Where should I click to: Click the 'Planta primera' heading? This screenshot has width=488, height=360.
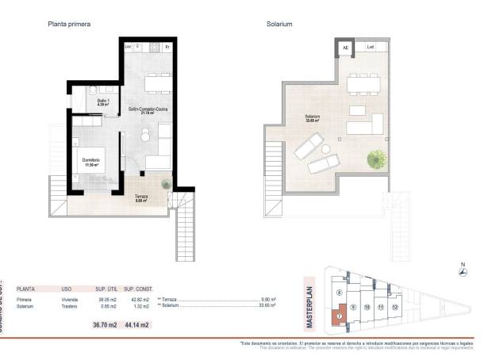pyautogui.click(x=70, y=25)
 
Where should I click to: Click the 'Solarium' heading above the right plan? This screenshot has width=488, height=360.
pyautogui.click(x=280, y=25)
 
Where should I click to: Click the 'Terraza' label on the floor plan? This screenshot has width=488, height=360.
pyautogui.click(x=141, y=198)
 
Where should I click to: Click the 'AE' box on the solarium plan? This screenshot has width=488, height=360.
pyautogui.click(x=345, y=48)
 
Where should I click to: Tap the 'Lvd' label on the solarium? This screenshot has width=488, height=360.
pyautogui.click(x=370, y=48)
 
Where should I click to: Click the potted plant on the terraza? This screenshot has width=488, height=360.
pyautogui.click(x=165, y=185)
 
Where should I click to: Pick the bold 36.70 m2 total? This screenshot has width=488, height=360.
pyautogui.click(x=105, y=324)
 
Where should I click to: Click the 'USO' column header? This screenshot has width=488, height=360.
pyautogui.click(x=67, y=290)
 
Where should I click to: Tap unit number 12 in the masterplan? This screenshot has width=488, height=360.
pyautogui.click(x=394, y=306)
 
